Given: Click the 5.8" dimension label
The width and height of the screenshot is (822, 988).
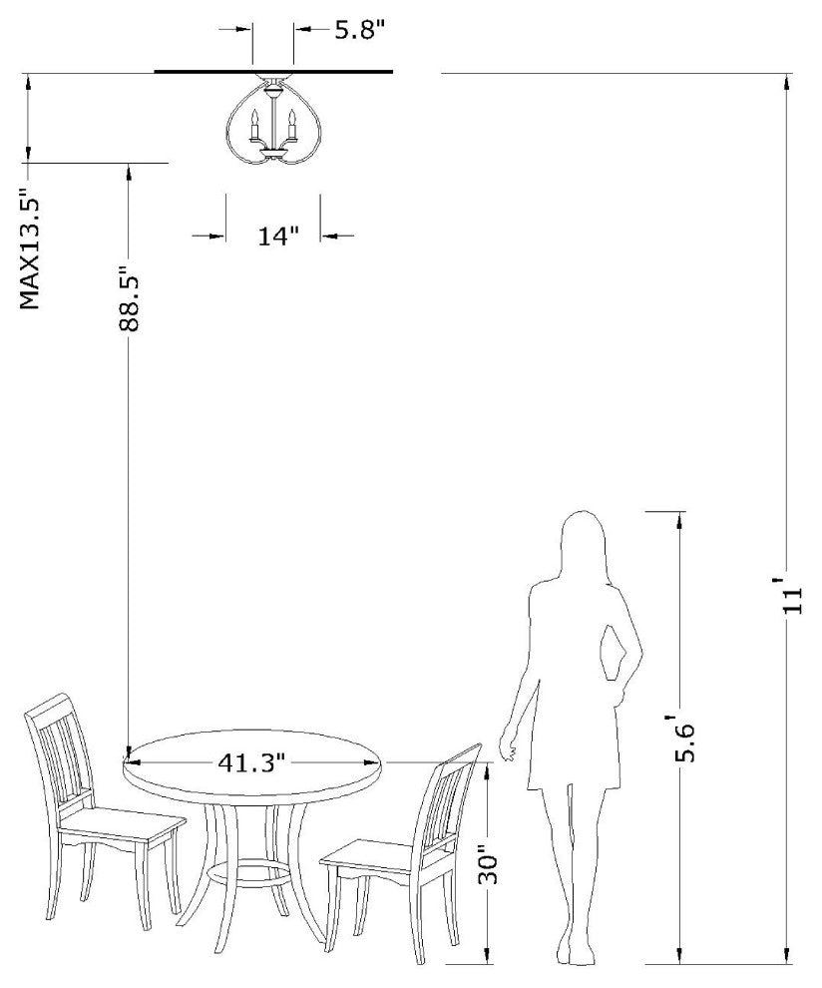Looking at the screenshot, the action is pyautogui.click(x=358, y=30).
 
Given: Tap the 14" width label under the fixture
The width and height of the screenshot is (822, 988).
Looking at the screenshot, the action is pyautogui.click(x=277, y=237).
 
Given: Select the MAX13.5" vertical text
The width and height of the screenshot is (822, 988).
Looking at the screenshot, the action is pyautogui.click(x=30, y=249).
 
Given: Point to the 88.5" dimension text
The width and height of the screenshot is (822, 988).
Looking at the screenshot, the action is pyautogui.click(x=129, y=293).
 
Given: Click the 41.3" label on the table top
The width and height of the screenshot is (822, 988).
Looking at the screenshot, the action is pyautogui.click(x=252, y=763).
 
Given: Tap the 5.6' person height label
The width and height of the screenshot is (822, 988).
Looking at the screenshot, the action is pyautogui.click(x=684, y=738).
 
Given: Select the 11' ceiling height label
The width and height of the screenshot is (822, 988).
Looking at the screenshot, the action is pyautogui.click(x=792, y=595).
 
